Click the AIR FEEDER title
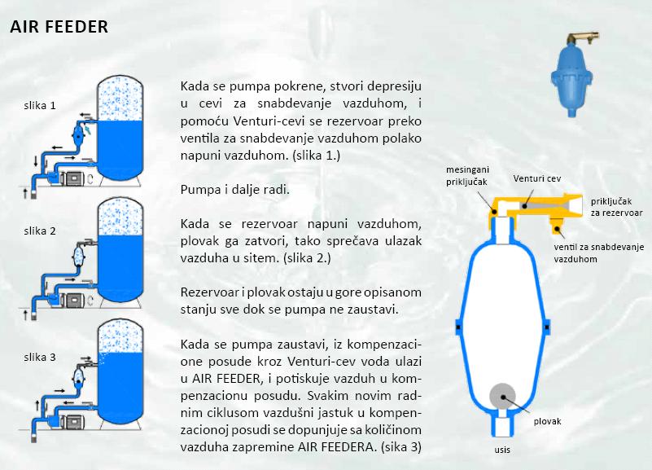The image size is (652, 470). [59, 27]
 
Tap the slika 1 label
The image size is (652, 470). [40, 106]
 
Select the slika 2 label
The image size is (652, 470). [40, 231]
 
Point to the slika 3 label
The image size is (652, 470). [40, 358]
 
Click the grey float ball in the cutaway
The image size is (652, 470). [502, 397]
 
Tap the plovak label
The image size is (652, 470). [547, 421]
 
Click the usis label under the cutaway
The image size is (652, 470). [502, 450]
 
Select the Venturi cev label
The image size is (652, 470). [536, 178]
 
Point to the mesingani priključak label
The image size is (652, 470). [467, 175]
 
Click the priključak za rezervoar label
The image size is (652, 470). [617, 207]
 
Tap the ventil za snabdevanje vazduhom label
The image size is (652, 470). [599, 253]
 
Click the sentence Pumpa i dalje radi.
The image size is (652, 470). [235, 190]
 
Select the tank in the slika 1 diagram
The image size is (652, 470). [120, 128]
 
